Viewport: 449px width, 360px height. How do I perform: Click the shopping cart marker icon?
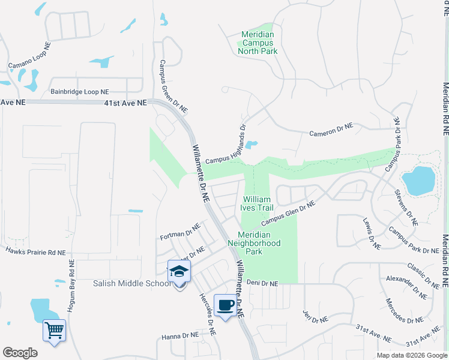pos(54,329)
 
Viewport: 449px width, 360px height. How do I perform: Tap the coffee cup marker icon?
pos(226,305)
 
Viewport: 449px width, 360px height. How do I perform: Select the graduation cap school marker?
pos(179,272)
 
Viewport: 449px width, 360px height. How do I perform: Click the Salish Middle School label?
pos(132,283)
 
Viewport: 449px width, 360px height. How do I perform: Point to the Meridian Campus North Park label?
pos(258,43)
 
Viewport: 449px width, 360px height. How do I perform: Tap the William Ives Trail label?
pos(258,203)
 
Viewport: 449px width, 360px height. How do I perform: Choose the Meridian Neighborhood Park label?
pos(255,244)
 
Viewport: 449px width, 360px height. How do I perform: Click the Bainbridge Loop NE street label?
pos(79,92)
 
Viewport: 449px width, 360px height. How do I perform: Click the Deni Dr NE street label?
pos(262,282)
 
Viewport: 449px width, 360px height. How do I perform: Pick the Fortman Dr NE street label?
pos(179,232)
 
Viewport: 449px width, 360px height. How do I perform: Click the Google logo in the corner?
pos(20,352)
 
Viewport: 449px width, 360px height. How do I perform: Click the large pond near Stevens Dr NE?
pos(418,180)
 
